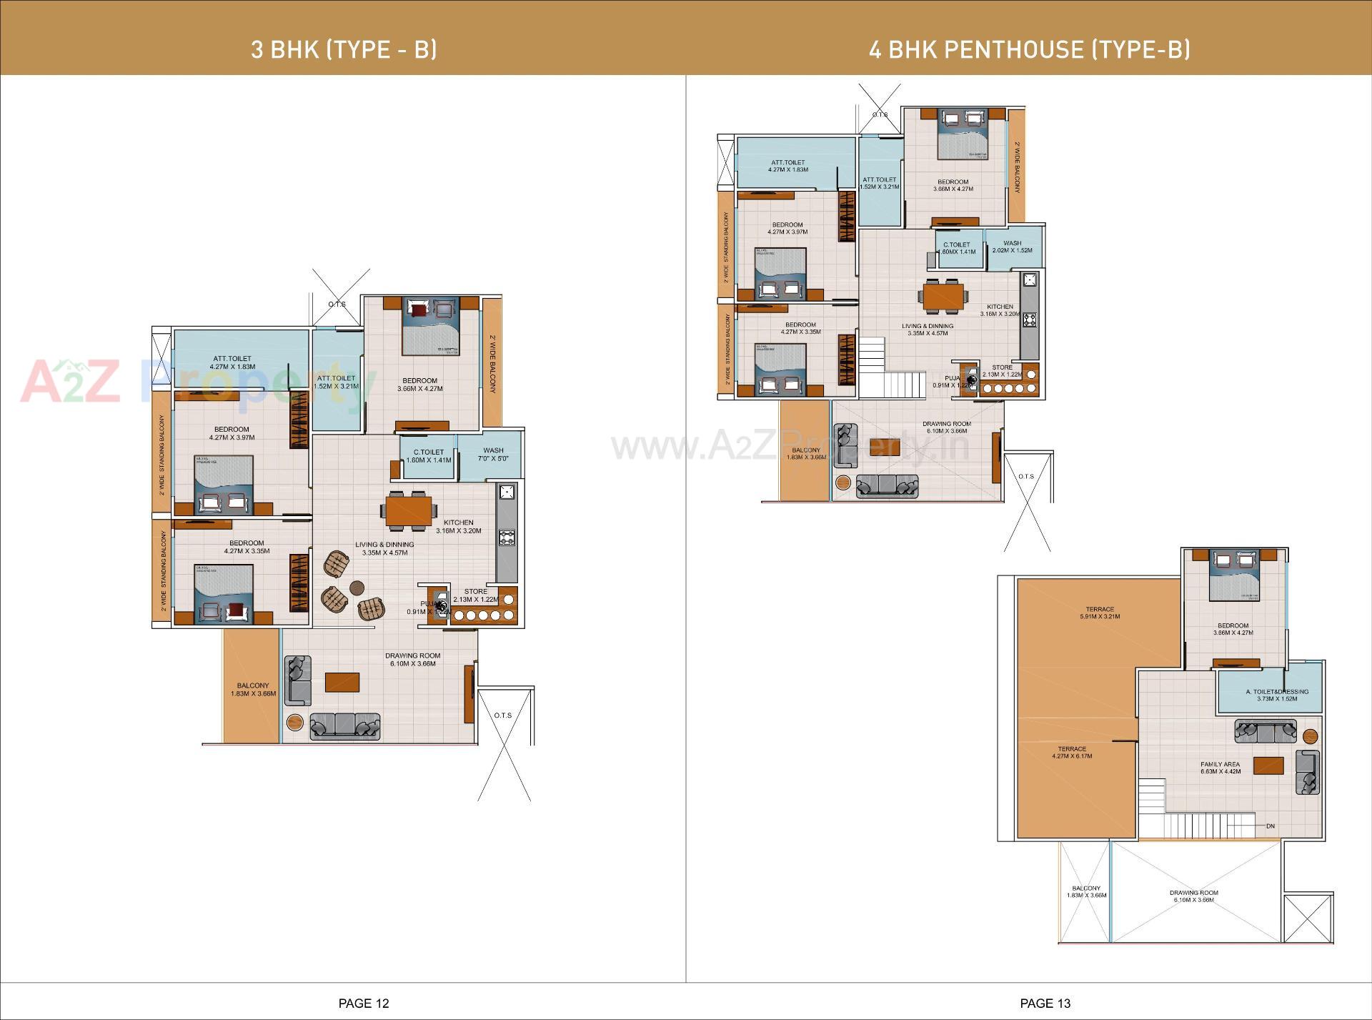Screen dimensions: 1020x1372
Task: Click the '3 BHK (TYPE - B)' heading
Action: pos(344,49)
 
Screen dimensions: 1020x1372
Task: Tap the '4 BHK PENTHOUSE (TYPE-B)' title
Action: pos(1029,49)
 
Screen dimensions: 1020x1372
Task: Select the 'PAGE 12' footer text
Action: pos(364,1004)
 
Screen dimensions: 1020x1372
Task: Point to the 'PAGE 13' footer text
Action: pos(1045,1004)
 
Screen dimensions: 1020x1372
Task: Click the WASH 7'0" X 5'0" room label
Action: pos(493,455)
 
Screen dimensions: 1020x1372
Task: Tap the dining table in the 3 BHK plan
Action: pos(410,511)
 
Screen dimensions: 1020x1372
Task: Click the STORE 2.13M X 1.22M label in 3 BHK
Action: pos(476,595)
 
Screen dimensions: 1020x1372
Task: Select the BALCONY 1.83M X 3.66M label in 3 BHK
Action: pos(253,689)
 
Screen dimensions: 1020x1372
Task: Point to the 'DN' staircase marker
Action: pos(1270,826)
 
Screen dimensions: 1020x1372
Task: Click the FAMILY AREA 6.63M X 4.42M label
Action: pos(1221,768)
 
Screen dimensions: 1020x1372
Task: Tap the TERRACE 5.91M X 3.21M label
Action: pos(1100,613)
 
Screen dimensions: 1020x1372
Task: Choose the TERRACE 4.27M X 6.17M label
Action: pos(1072,752)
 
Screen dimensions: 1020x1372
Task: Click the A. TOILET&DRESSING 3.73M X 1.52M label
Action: pos(1277,695)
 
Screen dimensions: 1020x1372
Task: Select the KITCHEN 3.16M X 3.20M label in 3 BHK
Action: pos(459,526)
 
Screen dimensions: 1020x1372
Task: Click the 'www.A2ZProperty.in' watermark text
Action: pos(790,447)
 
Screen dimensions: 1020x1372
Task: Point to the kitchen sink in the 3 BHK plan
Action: pos(507,492)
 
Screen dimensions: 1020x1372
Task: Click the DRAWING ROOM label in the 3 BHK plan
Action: pos(413,659)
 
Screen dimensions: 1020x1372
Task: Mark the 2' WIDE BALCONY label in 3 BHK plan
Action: pos(492,364)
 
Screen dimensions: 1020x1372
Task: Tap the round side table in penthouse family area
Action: pos(1310,736)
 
